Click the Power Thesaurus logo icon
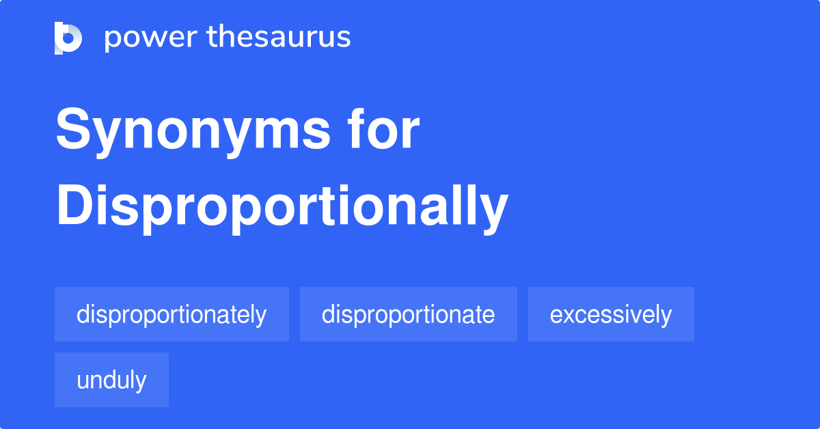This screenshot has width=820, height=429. tap(68, 38)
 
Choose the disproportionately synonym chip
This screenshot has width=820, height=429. tap(172, 314)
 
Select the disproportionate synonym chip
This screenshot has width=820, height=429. tap(408, 314)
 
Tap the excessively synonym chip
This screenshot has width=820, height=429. tap(611, 314)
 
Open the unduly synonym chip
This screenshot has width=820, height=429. tap(111, 380)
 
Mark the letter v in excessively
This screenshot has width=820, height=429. tap(642, 315)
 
